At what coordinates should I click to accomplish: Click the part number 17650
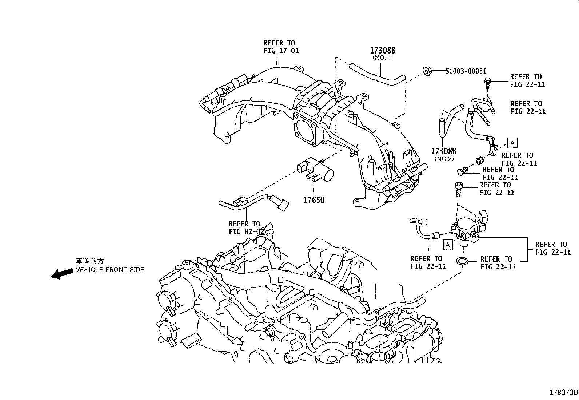click(314, 200)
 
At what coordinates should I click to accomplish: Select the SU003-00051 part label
click(466, 71)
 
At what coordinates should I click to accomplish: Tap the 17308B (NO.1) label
click(382, 53)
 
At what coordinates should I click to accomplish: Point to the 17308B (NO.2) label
click(444, 154)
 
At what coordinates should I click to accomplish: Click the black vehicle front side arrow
click(61, 273)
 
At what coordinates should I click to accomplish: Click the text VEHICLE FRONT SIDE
click(109, 270)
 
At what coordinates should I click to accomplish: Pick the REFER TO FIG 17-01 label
click(281, 47)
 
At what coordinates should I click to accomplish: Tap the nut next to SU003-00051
click(427, 71)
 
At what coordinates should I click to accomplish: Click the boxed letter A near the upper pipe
click(512, 143)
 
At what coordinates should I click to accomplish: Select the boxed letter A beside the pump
click(448, 245)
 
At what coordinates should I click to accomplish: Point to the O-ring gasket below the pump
click(463, 261)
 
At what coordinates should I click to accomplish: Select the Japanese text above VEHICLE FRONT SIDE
click(89, 261)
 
